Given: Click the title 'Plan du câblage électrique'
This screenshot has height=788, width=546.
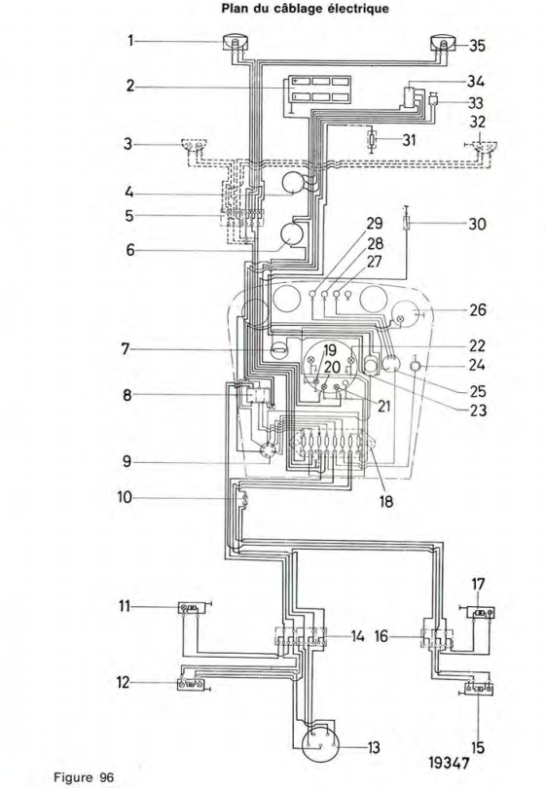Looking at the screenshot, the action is [305, 8].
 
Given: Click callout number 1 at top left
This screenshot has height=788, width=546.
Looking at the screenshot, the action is [130, 40].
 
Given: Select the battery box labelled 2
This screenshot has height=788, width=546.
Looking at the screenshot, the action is [317, 89].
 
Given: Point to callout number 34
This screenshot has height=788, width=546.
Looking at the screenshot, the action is [476, 81].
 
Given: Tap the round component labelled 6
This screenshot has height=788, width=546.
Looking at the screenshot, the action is [291, 233].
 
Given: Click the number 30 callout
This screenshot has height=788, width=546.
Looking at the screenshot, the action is [477, 223].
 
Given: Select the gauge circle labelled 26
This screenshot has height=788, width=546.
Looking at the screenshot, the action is [406, 315].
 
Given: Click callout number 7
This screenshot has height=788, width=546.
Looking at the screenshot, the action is [126, 349].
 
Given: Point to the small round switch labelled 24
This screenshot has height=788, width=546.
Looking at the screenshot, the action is [416, 367].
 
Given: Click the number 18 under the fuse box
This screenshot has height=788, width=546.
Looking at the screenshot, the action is [386, 501].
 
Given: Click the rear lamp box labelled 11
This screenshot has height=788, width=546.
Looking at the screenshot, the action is [192, 609].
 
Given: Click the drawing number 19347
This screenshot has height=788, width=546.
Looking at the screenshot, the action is [449, 763].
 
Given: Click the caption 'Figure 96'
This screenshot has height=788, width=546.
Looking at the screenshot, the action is [84, 777].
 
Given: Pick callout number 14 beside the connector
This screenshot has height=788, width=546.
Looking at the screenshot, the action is [357, 637].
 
